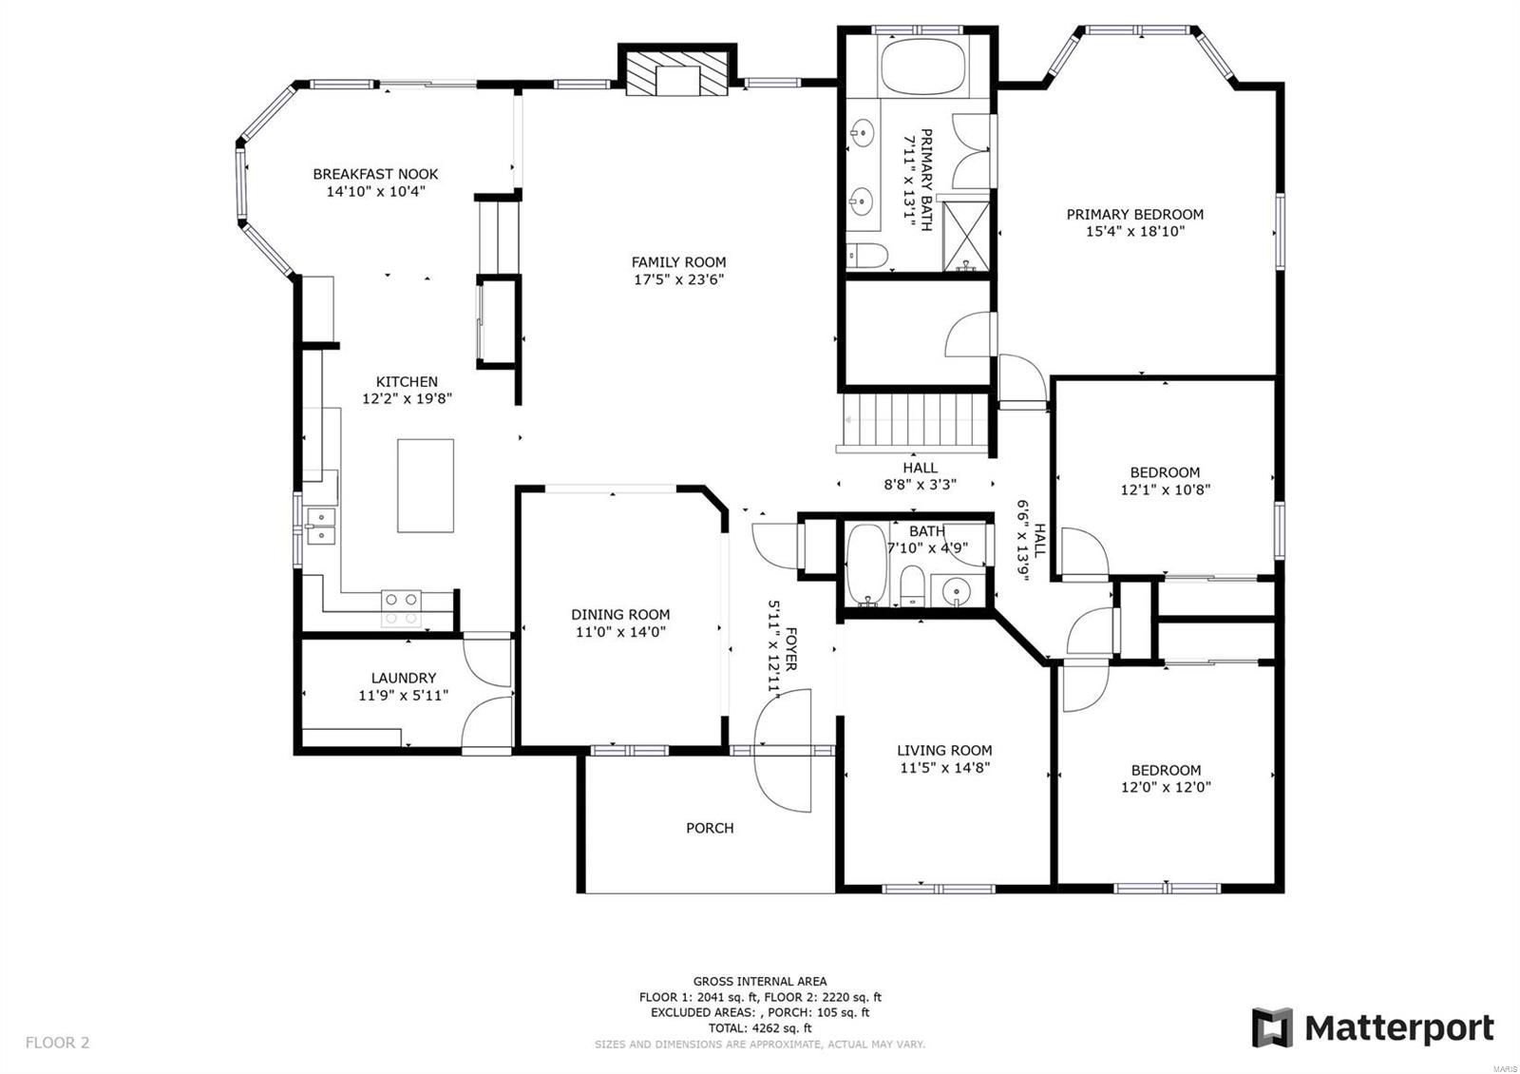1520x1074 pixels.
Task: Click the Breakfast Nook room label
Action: (375, 174)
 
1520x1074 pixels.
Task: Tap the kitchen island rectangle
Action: (425, 485)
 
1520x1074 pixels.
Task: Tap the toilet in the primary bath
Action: (866, 255)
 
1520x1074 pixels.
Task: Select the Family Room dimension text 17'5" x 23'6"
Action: (678, 279)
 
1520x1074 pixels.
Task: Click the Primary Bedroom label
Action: (1134, 215)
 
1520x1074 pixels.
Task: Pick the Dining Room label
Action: (619, 615)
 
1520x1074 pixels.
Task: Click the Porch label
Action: (710, 828)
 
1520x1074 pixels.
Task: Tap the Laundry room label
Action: (403, 678)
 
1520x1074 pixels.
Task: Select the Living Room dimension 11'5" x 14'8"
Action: (944, 768)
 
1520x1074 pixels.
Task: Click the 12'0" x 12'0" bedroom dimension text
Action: (1166, 787)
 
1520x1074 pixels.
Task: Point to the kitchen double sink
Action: (320, 526)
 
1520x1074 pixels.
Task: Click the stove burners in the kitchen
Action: (401, 608)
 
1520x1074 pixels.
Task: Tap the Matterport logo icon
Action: (1271, 1027)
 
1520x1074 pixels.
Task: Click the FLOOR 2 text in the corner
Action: (57, 1043)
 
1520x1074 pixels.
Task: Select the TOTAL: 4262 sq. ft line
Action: (759, 1027)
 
